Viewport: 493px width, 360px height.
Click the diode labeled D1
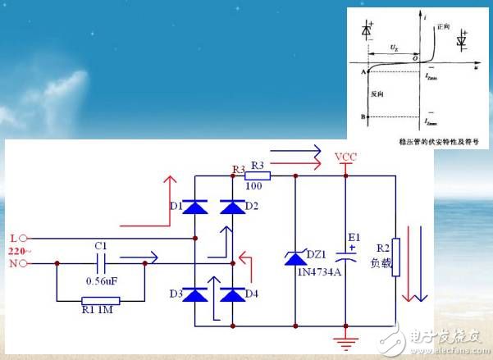pyautogui.click(x=194, y=207)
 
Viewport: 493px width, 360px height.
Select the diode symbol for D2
pyautogui.click(x=234, y=207)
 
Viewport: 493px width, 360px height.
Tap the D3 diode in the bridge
pyautogui.click(x=194, y=294)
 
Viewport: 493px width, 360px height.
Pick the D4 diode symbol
pyautogui.click(x=234, y=294)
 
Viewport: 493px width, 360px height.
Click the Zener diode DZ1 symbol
pyautogui.click(x=294, y=257)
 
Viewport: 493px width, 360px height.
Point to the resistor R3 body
pyautogui.click(x=259, y=175)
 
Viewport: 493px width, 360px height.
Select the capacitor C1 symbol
pyautogui.click(x=100, y=264)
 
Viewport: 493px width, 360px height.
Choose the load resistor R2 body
pyautogui.click(x=395, y=257)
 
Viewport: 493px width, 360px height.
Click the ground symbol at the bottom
pyautogui.click(x=346, y=339)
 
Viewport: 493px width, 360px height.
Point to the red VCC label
pyautogui.click(x=345, y=157)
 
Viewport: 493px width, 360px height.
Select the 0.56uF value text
pyautogui.click(x=101, y=283)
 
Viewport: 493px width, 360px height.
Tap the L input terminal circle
pyautogui.click(x=22, y=238)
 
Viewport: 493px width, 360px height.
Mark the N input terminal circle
pyautogui.click(x=22, y=263)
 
